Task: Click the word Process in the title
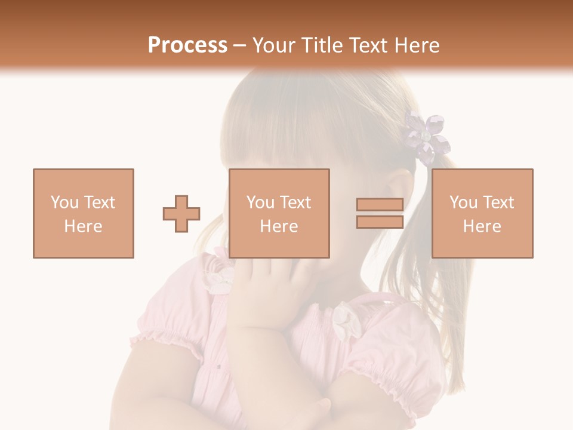(187, 45)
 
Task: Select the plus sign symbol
(181, 214)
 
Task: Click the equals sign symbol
(380, 213)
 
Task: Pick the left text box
(84, 213)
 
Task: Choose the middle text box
(279, 213)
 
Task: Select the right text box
(482, 213)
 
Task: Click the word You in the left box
(64, 202)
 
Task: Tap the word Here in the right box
(482, 226)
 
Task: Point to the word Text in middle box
(294, 202)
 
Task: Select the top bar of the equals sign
(380, 205)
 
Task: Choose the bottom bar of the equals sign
(380, 222)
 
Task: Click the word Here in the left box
(84, 226)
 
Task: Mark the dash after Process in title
(240, 45)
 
